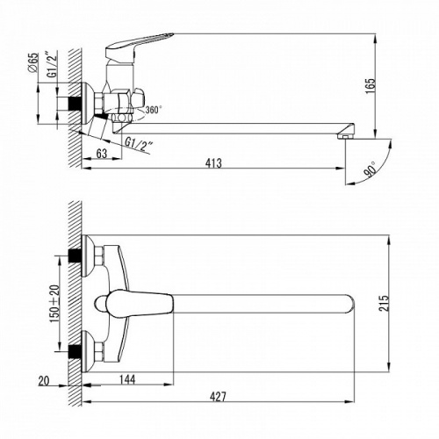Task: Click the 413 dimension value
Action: tap(213, 163)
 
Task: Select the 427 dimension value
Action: tap(218, 397)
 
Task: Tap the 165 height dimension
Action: tap(370, 85)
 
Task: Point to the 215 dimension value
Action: tap(384, 304)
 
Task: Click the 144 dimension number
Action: tap(127, 379)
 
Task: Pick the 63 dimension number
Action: tap(102, 154)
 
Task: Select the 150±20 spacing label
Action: tap(54, 304)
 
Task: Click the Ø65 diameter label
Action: tap(33, 62)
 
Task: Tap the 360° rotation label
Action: tap(154, 110)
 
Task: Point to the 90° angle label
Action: tap(371, 170)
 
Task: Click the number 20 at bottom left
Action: tap(44, 381)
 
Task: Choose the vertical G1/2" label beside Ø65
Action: tap(53, 64)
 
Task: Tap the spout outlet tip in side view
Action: tap(346, 136)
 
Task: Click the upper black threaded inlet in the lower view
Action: tap(75, 256)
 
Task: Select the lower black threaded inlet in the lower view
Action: tap(75, 351)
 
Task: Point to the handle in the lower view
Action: tap(134, 303)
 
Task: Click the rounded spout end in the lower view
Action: tap(349, 304)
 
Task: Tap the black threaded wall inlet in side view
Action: tap(75, 104)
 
